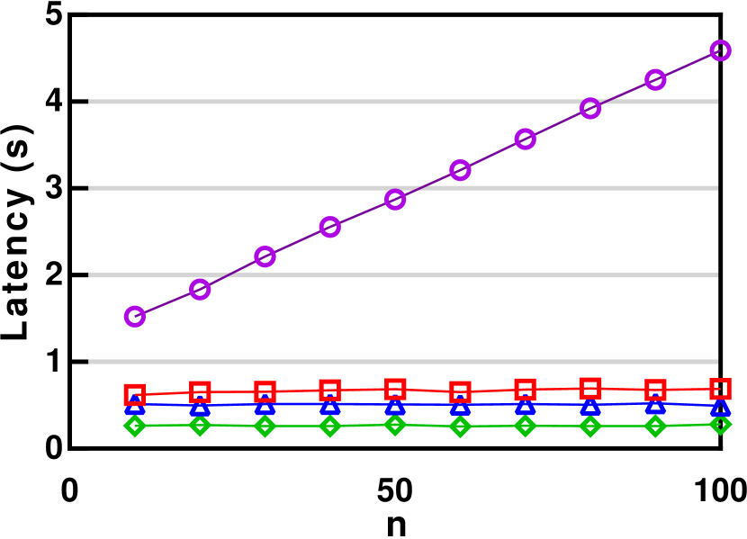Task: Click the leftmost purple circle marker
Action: tap(135, 316)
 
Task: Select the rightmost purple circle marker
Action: tap(720, 50)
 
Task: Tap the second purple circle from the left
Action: tap(200, 289)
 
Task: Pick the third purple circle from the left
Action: tap(265, 256)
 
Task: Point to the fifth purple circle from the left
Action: tap(395, 199)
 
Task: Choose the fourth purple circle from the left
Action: tap(330, 227)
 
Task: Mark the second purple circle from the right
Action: tap(655, 79)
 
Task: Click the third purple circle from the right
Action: tap(590, 108)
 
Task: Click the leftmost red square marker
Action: tap(135, 394)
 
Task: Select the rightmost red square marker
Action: tap(720, 389)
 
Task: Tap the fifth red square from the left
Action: tap(395, 389)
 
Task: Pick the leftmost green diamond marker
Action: tap(135, 425)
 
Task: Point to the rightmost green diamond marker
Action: tap(720, 424)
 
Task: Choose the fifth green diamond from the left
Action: tap(395, 424)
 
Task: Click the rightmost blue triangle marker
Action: tap(720, 408)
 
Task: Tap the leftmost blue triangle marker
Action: tap(135, 407)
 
